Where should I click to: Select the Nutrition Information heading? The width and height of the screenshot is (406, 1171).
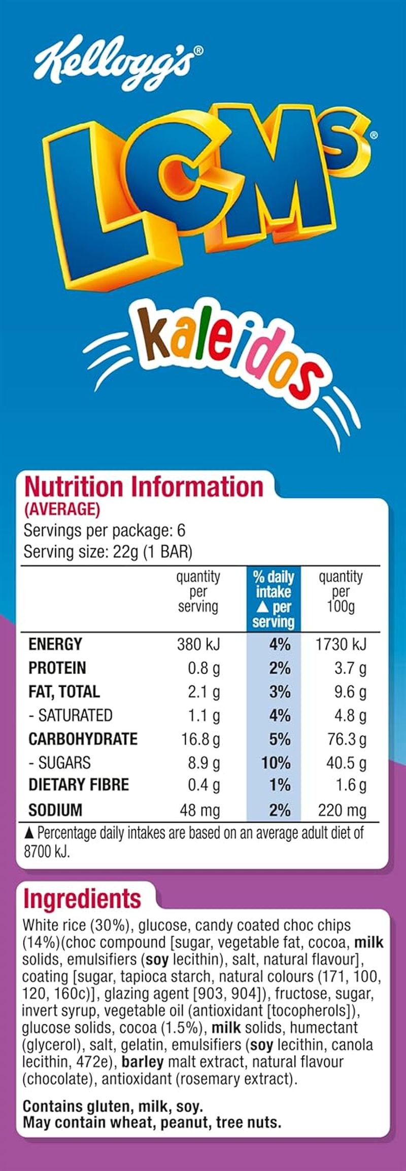[144, 486]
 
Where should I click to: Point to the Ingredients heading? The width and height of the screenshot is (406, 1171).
[82, 898]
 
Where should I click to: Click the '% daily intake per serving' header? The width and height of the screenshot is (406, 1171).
[274, 599]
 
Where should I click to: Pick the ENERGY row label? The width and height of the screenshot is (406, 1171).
[55, 644]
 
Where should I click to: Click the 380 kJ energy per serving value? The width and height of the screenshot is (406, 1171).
[198, 644]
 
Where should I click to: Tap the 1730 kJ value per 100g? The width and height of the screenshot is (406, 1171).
[341, 644]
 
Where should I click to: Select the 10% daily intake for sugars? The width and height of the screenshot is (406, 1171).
[276, 763]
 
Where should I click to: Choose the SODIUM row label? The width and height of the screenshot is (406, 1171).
[55, 810]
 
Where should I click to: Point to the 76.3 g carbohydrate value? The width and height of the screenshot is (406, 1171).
[347, 739]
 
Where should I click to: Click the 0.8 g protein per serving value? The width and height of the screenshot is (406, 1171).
[204, 668]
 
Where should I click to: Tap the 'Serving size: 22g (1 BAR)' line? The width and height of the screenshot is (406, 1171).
[108, 552]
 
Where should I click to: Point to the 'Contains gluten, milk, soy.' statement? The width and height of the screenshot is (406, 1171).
[113, 1106]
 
